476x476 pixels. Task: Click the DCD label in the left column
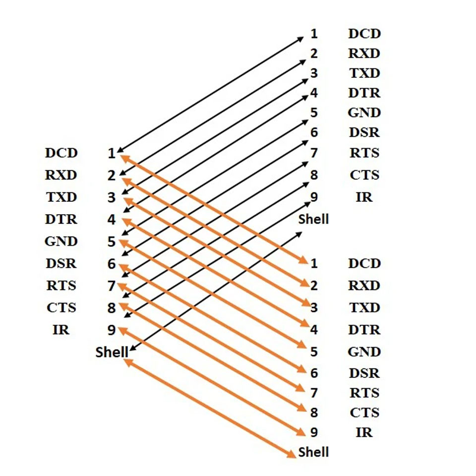(61, 153)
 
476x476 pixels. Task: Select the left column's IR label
(61, 330)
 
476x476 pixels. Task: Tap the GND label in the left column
(61, 241)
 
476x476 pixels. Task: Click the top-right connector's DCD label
(364, 34)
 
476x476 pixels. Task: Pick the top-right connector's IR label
(364, 197)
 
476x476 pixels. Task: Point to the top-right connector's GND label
(364, 113)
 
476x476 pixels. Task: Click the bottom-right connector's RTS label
(364, 393)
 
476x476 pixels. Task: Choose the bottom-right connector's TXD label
(364, 307)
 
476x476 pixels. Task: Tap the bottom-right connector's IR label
(364, 432)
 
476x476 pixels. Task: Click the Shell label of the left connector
(112, 352)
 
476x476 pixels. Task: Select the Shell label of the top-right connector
(313, 219)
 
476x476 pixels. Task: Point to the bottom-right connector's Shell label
(313, 452)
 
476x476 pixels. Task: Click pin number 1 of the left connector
(112, 153)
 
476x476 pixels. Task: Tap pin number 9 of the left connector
(112, 330)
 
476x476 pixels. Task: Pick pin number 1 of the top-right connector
(314, 34)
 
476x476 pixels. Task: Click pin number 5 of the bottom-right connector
(314, 352)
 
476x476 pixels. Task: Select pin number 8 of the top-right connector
(314, 175)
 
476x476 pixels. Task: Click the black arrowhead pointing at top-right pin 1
(300, 39)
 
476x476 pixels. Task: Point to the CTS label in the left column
(61, 307)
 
